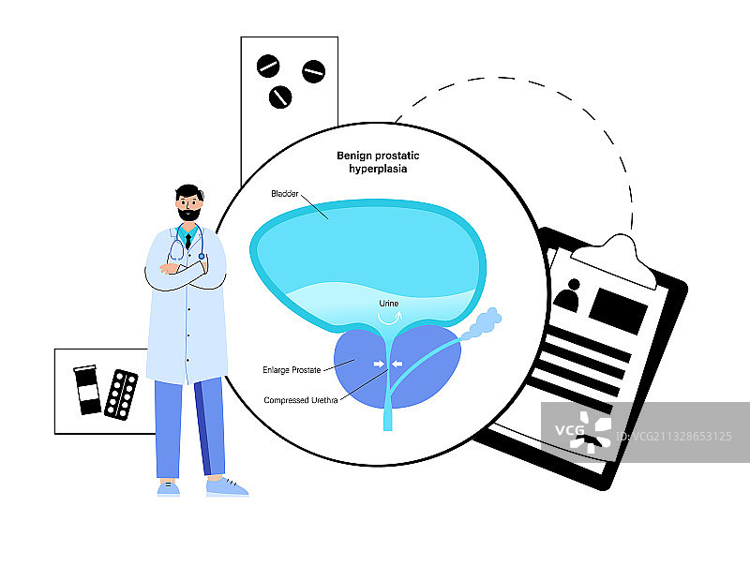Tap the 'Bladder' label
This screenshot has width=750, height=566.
[284, 194]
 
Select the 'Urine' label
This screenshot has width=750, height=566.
[389, 304]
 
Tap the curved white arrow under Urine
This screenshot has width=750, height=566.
[387, 319]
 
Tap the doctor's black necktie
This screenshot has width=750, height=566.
[188, 241]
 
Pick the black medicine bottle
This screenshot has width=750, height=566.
[87, 390]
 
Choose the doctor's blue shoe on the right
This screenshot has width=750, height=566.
[227, 486]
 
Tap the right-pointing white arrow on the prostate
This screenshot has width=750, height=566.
[378, 364]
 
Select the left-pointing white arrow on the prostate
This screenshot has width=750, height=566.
[397, 364]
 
